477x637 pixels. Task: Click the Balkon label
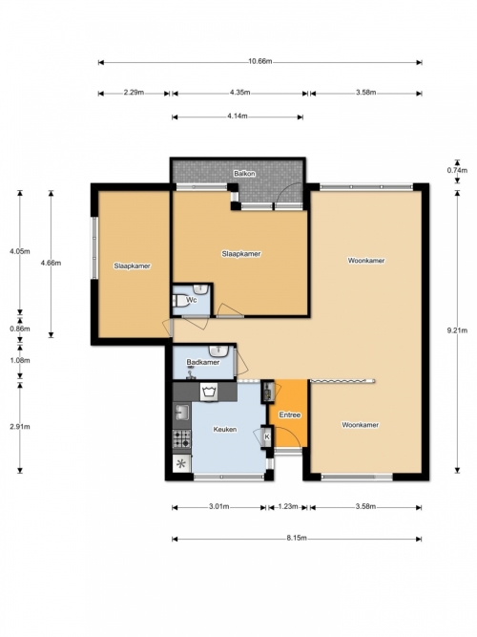click(244, 174)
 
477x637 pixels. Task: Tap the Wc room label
click(191, 300)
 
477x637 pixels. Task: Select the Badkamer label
click(203, 362)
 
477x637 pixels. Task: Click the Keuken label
click(225, 430)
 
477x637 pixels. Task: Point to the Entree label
click(290, 414)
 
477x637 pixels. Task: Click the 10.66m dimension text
click(260, 61)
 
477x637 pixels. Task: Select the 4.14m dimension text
click(238, 116)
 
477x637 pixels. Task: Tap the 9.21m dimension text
click(457, 330)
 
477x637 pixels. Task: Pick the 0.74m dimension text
click(457, 170)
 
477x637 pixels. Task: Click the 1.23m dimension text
click(288, 506)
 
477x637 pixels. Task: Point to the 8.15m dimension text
click(297, 538)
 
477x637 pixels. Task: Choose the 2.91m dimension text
click(20, 427)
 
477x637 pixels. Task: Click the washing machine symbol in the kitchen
click(210, 392)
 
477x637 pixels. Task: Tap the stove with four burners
click(182, 438)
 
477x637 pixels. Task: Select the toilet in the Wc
click(178, 301)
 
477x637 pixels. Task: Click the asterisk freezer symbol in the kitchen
click(182, 463)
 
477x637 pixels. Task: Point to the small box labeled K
click(267, 436)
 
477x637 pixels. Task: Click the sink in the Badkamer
click(219, 350)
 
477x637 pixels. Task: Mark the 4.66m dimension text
click(51, 263)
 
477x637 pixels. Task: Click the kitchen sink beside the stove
click(182, 414)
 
